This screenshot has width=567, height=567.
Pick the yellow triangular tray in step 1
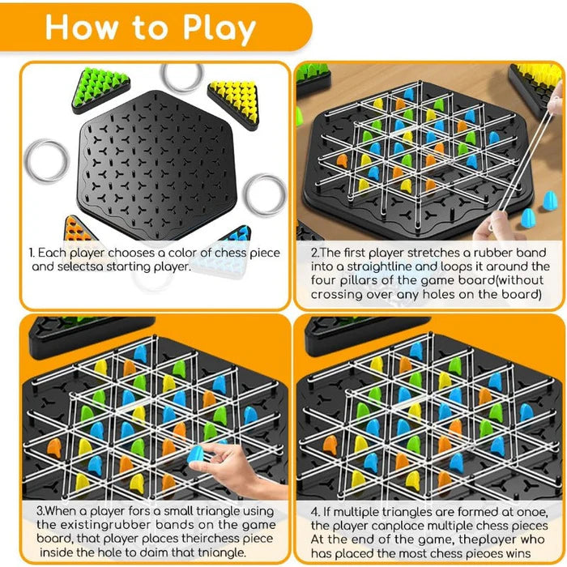point(234,97)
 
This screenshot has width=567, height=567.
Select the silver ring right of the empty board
point(265,194)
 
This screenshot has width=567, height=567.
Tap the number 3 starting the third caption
point(39,511)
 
